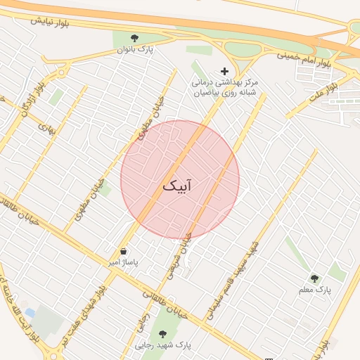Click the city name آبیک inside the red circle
pyautogui.click(x=177, y=186)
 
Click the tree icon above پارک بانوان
pyautogui.click(x=135, y=37)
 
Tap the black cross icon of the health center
pyautogui.click(x=225, y=71)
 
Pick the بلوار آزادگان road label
pyautogui.click(x=33, y=98)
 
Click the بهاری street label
pyautogui.click(x=46, y=128)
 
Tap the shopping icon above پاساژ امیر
pyautogui.click(x=124, y=251)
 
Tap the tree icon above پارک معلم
pyautogui.click(x=314, y=278)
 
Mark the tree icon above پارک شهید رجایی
pyautogui.click(x=163, y=334)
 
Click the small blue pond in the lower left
pyautogui.click(x=29, y=311)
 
